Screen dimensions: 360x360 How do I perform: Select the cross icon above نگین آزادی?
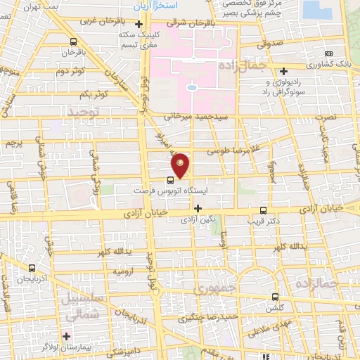[198, 208]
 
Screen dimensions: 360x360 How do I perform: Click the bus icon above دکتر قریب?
[264, 210]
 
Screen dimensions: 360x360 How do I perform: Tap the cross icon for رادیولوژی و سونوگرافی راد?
[283, 71]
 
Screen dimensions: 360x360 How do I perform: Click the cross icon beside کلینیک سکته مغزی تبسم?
[139, 26]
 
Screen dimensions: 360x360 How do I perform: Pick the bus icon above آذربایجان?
[32, 268]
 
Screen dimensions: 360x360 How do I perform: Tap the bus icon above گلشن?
[276, 297]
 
